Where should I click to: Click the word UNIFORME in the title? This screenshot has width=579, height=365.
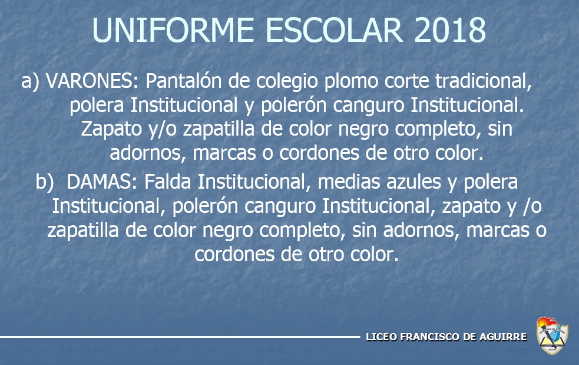(x=173, y=30)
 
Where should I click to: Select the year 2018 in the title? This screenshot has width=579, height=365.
(x=450, y=30)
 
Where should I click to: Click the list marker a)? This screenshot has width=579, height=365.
(x=30, y=81)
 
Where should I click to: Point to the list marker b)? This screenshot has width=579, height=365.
(x=44, y=182)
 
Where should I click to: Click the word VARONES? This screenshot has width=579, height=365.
(x=91, y=81)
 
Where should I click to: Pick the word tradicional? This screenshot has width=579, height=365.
(x=484, y=81)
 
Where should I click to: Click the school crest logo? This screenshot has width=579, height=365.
(x=552, y=336)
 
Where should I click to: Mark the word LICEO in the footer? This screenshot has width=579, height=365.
(x=382, y=337)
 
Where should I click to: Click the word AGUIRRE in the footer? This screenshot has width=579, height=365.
(x=503, y=337)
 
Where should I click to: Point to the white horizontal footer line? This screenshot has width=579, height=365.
(x=180, y=337)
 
